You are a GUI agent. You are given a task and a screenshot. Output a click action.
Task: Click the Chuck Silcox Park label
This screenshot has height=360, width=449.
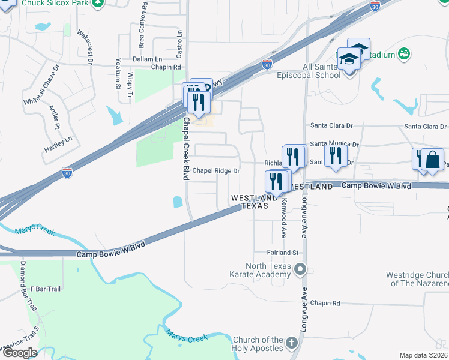pyautogui.click(x=55, y=4)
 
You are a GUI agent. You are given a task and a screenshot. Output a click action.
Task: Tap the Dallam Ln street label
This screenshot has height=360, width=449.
pyautogui.click(x=147, y=59)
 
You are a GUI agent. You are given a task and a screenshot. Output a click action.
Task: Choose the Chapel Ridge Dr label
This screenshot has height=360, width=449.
pyautogui.click(x=215, y=171)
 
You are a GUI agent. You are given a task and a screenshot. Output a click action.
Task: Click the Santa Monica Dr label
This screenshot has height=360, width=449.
pyautogui.click(x=334, y=145)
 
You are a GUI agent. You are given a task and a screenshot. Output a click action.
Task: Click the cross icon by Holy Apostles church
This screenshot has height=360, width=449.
pyautogui.click(x=291, y=344)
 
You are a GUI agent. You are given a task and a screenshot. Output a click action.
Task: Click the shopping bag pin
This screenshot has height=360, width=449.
pyautogui.click(x=432, y=160)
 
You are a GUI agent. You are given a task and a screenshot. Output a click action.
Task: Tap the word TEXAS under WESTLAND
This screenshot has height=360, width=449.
pyautogui.click(x=254, y=206)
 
